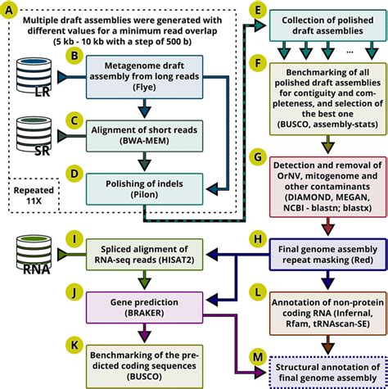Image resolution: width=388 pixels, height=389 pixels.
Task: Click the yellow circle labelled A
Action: coord(8,10)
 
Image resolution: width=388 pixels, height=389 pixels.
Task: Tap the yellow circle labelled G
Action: coord(257,156)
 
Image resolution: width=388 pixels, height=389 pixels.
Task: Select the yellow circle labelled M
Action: coord(257,356)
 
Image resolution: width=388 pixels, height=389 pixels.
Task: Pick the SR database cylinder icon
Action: coord(34,136)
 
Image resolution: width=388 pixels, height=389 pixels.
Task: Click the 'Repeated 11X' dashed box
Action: coord(34,196)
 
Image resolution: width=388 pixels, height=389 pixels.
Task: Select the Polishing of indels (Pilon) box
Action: coord(144,189)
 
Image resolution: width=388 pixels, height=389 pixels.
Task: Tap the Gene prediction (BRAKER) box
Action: coord(144,308)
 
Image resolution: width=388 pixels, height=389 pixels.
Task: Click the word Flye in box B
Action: coord(144,88)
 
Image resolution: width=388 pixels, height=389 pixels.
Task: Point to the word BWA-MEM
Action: coord(144,141)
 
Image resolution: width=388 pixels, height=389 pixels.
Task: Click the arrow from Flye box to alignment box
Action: coord(144,108)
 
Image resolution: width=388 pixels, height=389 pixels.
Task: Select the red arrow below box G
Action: coord(328,227)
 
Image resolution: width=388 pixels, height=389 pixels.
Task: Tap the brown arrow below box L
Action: coord(328,345)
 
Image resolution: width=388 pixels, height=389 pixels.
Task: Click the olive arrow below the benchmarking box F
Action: coord(328,144)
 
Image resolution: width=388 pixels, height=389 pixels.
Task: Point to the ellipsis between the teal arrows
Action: coord(350,52)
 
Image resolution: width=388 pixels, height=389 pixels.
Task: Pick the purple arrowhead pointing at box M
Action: coord(260,373)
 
